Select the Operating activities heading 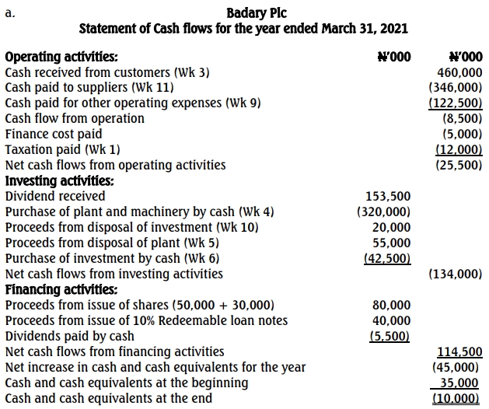[62, 57]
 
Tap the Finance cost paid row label [54, 134]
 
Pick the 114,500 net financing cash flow [460, 351]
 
